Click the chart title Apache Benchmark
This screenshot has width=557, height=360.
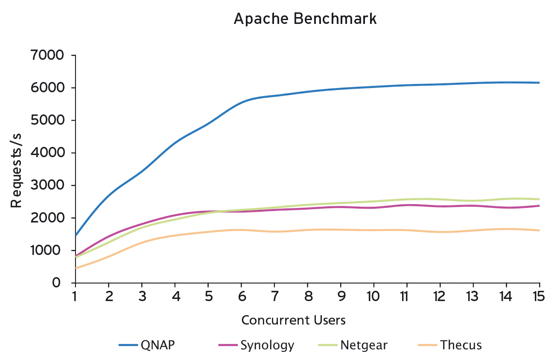[305, 19]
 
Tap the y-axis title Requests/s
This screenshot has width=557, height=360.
[16, 170]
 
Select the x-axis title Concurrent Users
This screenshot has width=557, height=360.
[293, 320]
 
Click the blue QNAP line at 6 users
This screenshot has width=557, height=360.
[241, 102]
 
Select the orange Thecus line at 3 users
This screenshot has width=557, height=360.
[142, 242]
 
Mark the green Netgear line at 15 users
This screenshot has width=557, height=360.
[539, 199]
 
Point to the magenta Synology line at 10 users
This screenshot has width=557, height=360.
[374, 208]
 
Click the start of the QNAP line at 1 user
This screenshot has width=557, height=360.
[76, 235]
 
